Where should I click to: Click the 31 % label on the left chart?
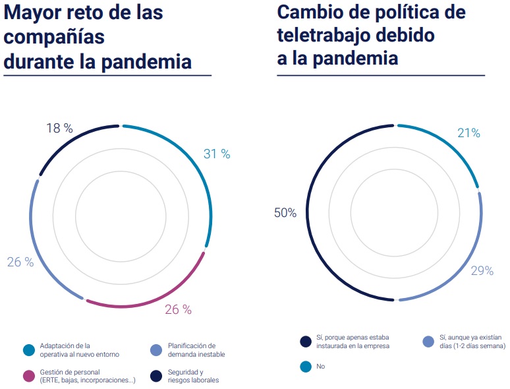pos(217,154)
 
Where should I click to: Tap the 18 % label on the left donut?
pos(59,129)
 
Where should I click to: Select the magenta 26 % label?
pos(178,309)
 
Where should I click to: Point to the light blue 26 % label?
pos(20,262)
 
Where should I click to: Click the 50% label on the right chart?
pos(285,213)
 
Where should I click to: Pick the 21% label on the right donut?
pos(468,133)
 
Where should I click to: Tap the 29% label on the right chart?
pos(481,271)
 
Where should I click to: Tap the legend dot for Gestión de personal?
pos(28,376)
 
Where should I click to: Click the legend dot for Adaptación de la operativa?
pos(28,350)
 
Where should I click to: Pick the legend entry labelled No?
pos(320,366)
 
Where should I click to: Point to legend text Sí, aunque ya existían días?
pos(471,341)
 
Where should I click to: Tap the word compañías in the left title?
pos(54,37)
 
